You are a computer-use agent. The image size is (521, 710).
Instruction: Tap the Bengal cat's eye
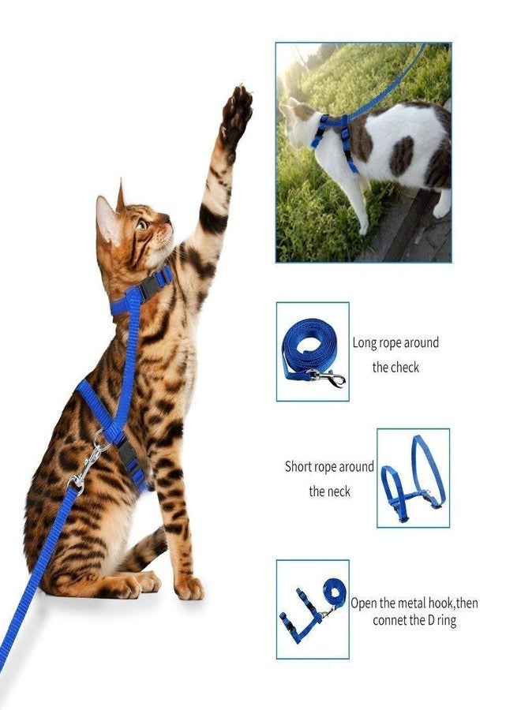pyautogui.click(x=142, y=224)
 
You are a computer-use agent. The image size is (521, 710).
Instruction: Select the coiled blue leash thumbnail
pyautogui.click(x=313, y=352)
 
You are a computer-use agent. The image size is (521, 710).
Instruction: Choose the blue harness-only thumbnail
pyautogui.click(x=413, y=478)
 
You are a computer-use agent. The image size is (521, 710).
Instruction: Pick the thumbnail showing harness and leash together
pyautogui.click(x=312, y=610)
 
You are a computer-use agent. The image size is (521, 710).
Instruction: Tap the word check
pyautogui.click(x=405, y=367)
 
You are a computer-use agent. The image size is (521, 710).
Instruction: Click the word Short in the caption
pyautogui.click(x=298, y=466)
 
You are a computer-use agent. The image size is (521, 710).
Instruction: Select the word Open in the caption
pyautogui.click(x=365, y=603)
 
